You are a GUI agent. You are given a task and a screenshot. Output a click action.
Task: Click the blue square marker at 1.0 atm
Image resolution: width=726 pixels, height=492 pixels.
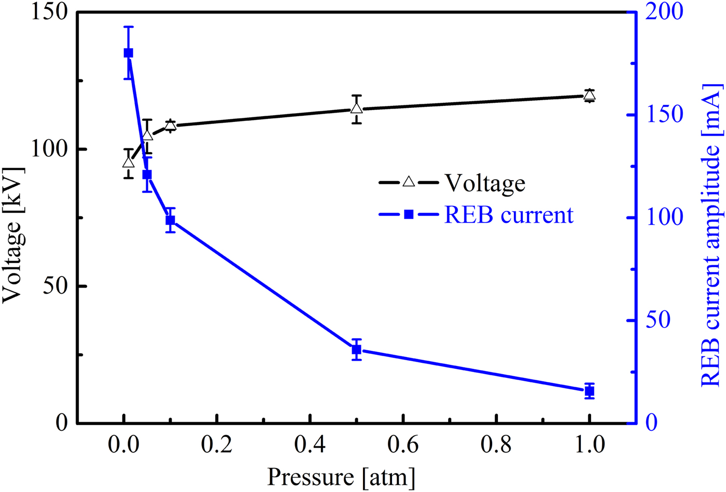(x=589, y=391)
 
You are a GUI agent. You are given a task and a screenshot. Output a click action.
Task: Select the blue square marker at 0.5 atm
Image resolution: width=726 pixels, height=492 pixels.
(x=356, y=350)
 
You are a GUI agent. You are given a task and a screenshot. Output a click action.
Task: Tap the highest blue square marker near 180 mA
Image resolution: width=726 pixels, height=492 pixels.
(x=128, y=53)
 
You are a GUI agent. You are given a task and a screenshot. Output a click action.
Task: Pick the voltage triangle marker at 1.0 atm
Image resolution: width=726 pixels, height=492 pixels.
(x=589, y=95)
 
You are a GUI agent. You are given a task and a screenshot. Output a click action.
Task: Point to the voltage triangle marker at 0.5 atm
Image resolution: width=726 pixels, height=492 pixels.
(x=356, y=108)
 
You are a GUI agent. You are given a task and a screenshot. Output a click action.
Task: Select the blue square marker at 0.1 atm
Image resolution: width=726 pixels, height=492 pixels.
(x=170, y=220)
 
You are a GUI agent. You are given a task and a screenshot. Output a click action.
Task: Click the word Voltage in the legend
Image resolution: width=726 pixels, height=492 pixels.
(x=485, y=183)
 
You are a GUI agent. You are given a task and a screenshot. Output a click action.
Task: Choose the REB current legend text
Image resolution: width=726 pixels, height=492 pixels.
(x=508, y=214)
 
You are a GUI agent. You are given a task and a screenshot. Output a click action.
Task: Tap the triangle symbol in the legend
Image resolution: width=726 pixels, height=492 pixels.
(x=409, y=182)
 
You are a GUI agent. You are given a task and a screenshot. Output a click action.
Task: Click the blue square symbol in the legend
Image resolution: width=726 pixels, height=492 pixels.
(x=409, y=214)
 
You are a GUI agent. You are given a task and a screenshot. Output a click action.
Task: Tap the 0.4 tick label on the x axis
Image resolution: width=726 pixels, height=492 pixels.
(x=310, y=445)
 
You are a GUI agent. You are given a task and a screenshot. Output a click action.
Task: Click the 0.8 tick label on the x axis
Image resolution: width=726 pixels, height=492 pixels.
(x=496, y=445)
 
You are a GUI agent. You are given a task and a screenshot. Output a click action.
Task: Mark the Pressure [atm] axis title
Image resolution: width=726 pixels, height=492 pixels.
(x=341, y=476)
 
